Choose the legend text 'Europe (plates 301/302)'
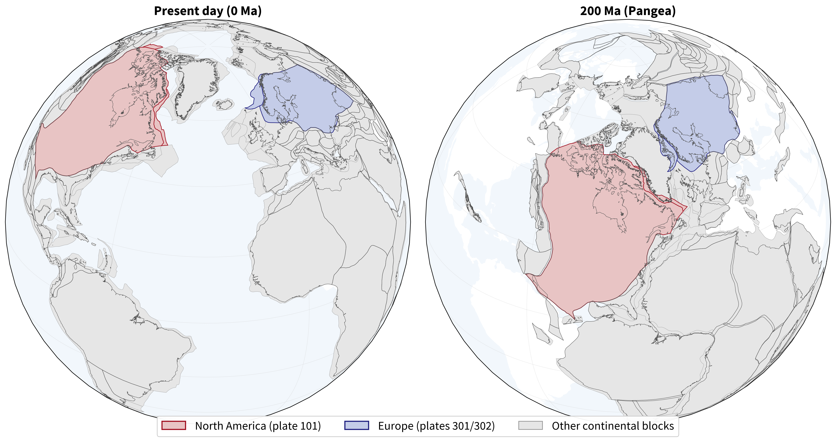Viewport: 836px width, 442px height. (436, 426)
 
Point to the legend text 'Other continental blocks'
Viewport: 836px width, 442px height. (613, 426)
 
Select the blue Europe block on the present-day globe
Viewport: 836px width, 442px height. (305, 97)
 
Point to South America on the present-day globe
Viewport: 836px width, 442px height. (123, 324)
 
